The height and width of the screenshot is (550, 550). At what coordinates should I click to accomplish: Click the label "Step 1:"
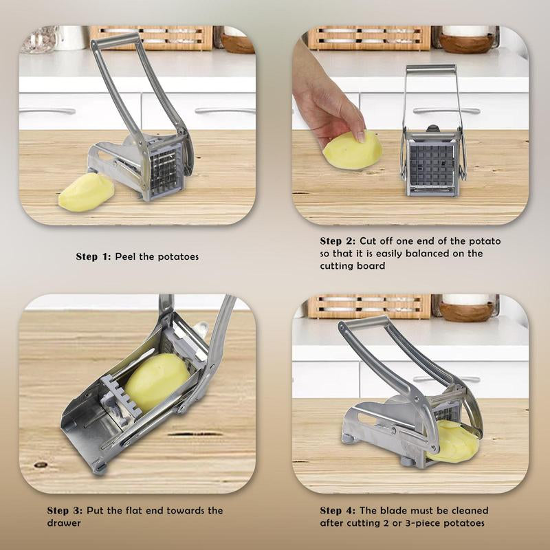tap(93, 256)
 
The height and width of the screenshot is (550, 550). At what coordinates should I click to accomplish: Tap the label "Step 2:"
tap(338, 241)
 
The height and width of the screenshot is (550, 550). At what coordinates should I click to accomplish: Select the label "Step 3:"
tap(65, 511)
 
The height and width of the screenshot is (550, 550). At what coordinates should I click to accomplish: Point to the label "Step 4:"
tap(338, 511)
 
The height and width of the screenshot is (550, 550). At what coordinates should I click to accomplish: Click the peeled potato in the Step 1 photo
tap(86, 192)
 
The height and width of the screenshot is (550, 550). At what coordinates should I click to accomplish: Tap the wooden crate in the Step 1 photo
tap(151, 38)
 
